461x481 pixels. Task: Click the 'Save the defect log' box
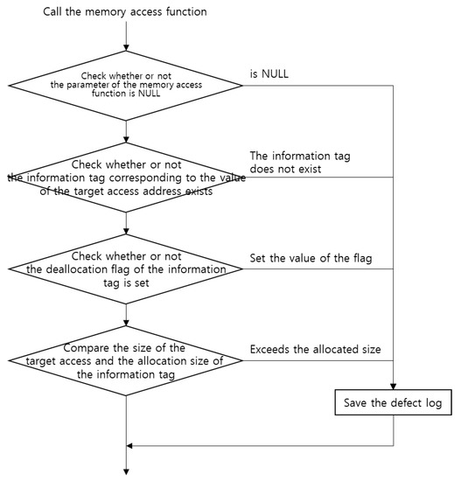pyautogui.click(x=394, y=406)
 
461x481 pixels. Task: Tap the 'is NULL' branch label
pyautogui.click(x=270, y=75)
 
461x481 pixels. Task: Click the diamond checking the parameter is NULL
pyautogui.click(x=127, y=87)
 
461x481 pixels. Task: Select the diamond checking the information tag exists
pyautogui.click(x=127, y=178)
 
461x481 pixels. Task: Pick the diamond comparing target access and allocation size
pyautogui.click(x=127, y=359)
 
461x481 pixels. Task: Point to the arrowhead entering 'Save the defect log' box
pyautogui.click(x=394, y=387)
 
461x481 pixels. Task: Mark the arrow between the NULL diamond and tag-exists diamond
pyautogui.click(x=127, y=131)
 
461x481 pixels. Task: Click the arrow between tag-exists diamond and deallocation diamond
pyautogui.click(x=127, y=223)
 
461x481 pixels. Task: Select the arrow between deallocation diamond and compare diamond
pyautogui.click(x=127, y=314)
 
